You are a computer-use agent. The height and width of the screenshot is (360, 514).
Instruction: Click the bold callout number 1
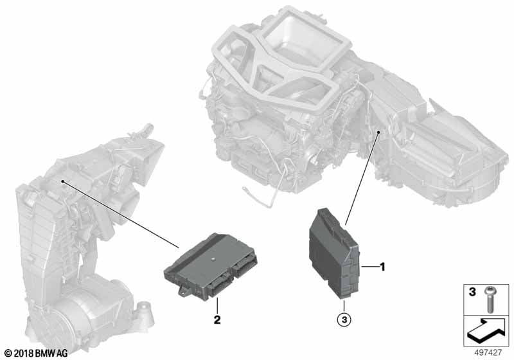pyautogui.click(x=382, y=267)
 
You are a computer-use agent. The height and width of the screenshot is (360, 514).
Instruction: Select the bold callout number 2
pyautogui.click(x=217, y=319)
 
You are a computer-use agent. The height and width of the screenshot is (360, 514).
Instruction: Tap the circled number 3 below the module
pyautogui.click(x=344, y=319)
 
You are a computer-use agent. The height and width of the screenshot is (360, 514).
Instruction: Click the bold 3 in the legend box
pyautogui.click(x=472, y=291)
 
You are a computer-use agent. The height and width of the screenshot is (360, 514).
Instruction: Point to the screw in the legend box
pyautogui.click(x=489, y=299)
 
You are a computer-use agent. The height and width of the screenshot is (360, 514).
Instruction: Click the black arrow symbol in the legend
pyautogui.click(x=484, y=331)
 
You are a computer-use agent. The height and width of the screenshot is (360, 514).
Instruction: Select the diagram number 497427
pyautogui.click(x=488, y=353)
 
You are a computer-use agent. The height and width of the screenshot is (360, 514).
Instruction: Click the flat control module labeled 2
pyautogui.click(x=211, y=265)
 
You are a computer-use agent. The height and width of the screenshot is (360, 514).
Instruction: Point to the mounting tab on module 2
pyautogui.click(x=184, y=291)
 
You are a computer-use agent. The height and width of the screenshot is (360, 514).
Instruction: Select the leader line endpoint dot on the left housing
pyautogui.click(x=62, y=181)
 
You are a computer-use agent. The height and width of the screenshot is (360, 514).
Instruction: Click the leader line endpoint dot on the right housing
pyautogui.click(x=378, y=132)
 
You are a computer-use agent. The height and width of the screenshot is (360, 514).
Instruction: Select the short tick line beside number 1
pyautogui.click(x=369, y=267)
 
